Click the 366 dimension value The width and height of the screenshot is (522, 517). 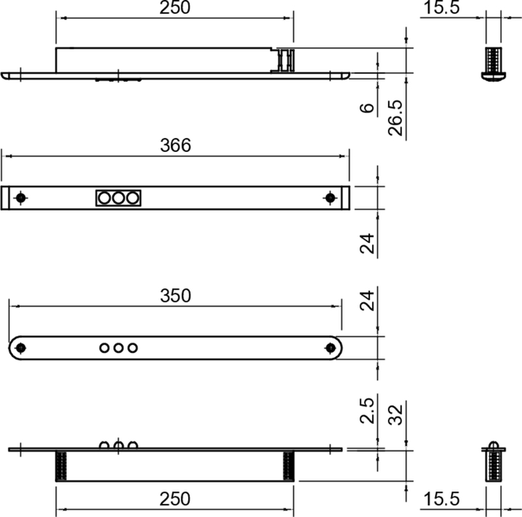coord(176,145)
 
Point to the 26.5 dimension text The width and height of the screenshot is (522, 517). coord(395,118)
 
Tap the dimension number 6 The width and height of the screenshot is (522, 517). coord(368,106)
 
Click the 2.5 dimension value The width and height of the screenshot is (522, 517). coord(368,411)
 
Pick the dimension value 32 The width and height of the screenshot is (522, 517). coord(395,414)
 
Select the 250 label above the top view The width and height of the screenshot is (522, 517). coord(176,8)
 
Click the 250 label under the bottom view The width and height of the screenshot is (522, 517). coord(176,499)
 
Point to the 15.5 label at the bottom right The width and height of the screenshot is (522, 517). coord(442,499)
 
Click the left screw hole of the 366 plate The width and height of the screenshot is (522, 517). coord(21,197)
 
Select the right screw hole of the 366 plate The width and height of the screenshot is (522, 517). coord(330,197)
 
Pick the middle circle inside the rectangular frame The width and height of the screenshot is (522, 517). coord(119,197)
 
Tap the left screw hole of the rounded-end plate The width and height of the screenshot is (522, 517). coord(21,347)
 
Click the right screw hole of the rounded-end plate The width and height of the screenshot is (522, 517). coord(330,347)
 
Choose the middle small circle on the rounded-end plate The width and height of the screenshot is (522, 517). coord(118,347)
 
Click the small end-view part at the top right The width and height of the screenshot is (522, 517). coord(493,63)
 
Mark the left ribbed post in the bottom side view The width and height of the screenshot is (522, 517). coord(62,465)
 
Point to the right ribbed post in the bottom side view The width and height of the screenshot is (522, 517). coord(288,465)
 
